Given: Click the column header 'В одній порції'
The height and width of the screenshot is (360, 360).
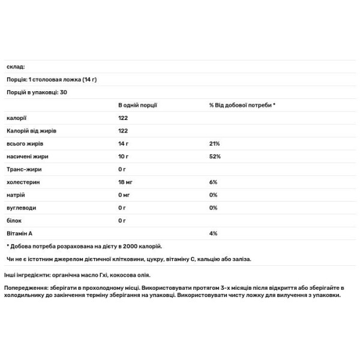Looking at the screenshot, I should click(137, 105).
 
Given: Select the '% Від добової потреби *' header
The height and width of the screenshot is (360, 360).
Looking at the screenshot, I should click(242, 105).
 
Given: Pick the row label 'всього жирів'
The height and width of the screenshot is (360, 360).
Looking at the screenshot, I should click(24, 144).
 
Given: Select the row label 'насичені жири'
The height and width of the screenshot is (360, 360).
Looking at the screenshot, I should click(26, 157).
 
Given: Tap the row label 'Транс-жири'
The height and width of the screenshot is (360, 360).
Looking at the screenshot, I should click(23, 169).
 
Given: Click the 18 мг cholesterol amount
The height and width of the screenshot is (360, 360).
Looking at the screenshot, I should click(126, 182).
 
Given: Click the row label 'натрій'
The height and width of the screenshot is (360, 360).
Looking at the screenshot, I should click(16, 195).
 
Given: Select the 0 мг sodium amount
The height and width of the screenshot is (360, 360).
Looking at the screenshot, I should click(125, 195).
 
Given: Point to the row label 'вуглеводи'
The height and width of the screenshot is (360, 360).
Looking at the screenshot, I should click(21, 208).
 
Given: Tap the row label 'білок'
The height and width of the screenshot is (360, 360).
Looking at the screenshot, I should click(14, 220).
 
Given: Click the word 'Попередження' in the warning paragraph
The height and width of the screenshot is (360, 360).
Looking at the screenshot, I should click(26, 287).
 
